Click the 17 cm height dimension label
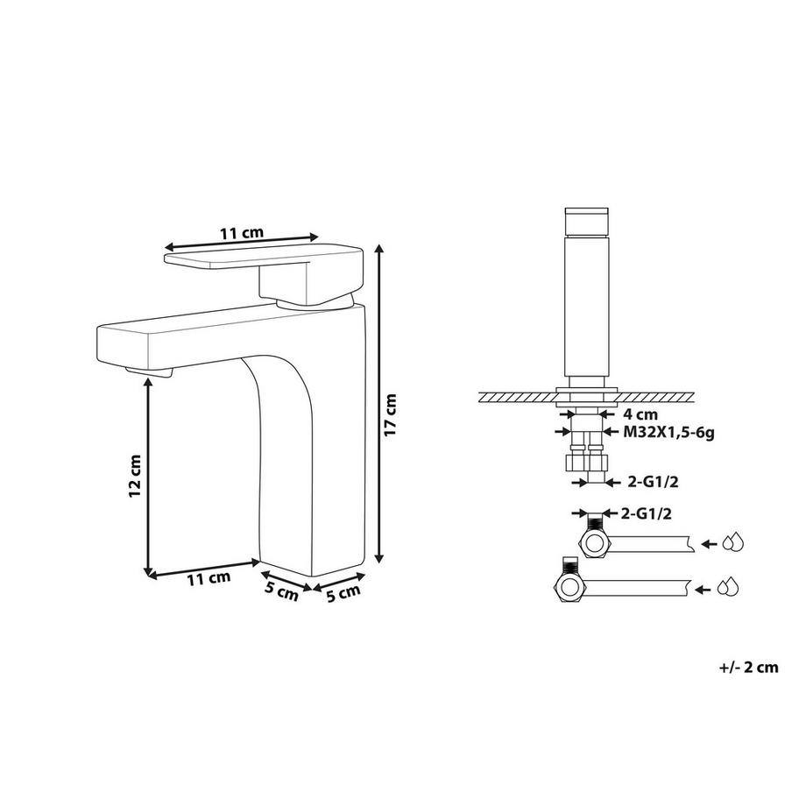click(392, 415)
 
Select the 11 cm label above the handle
click(241, 233)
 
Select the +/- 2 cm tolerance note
click(748, 668)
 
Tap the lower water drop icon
click(729, 588)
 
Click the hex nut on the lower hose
click(569, 588)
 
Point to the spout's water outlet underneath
click(149, 374)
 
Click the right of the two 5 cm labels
click(342, 593)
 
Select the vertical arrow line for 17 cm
click(378, 403)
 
